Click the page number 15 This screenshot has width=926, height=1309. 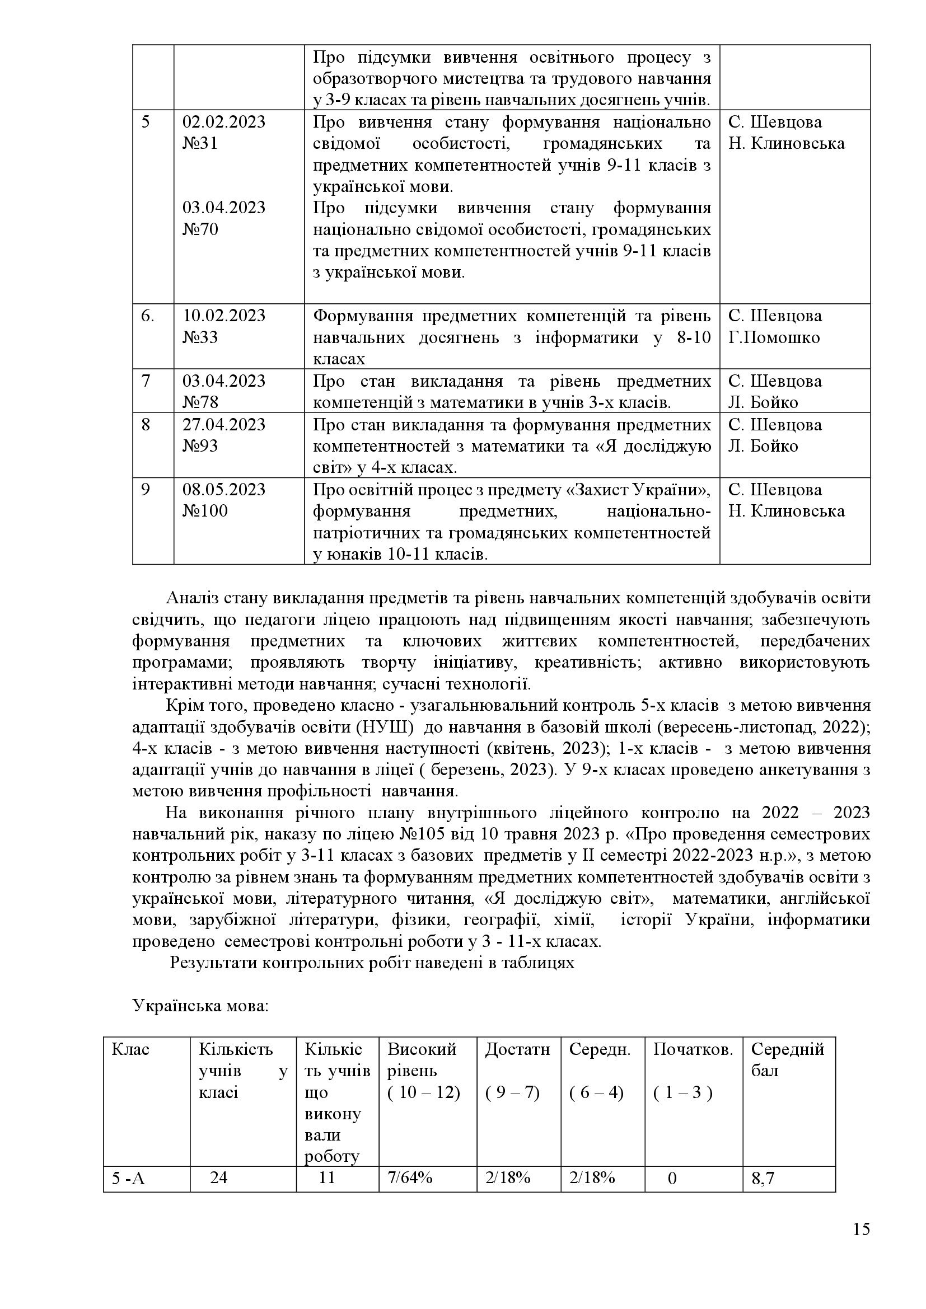(862, 1245)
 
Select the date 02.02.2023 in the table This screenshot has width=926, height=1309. (223, 122)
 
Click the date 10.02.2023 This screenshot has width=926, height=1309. (223, 316)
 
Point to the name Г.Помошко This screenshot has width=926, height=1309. (774, 337)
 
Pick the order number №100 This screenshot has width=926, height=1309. (205, 511)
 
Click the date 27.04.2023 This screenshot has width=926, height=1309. (223, 425)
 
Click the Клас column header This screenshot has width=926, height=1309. (130, 1049)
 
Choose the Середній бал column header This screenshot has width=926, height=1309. (788, 1060)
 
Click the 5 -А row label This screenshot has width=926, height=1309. (128, 1178)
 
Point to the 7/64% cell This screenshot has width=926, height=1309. (410, 1177)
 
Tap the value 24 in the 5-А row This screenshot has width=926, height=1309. (218, 1177)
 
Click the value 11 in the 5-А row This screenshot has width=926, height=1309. (327, 1177)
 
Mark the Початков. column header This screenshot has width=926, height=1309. (693, 1049)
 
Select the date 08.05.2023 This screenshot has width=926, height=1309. (223, 490)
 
